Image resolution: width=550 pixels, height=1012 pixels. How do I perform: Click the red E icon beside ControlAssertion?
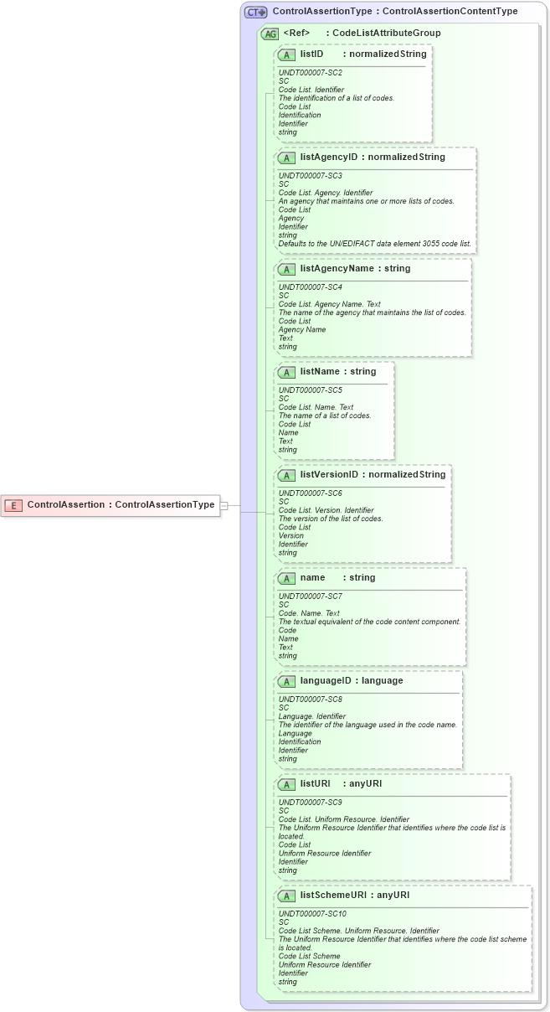click(14, 505)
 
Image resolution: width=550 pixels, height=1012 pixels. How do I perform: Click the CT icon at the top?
click(255, 12)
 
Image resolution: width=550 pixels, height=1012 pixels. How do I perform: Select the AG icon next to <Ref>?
click(270, 34)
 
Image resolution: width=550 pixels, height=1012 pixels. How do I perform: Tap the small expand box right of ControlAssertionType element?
click(224, 505)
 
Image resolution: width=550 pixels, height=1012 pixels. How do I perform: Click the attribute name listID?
click(311, 54)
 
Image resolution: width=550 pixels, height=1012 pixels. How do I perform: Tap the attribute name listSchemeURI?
click(333, 895)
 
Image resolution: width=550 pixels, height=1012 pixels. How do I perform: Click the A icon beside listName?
click(286, 372)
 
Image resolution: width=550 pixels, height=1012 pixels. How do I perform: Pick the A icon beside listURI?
click(286, 784)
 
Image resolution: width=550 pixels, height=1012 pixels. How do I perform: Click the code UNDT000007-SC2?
click(310, 73)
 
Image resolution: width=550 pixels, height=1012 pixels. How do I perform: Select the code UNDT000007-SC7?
click(310, 596)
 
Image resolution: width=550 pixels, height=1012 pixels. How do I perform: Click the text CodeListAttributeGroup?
click(386, 34)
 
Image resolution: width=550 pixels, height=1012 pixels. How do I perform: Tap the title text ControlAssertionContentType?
click(450, 12)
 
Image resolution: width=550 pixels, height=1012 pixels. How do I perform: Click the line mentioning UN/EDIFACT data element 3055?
click(374, 244)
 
